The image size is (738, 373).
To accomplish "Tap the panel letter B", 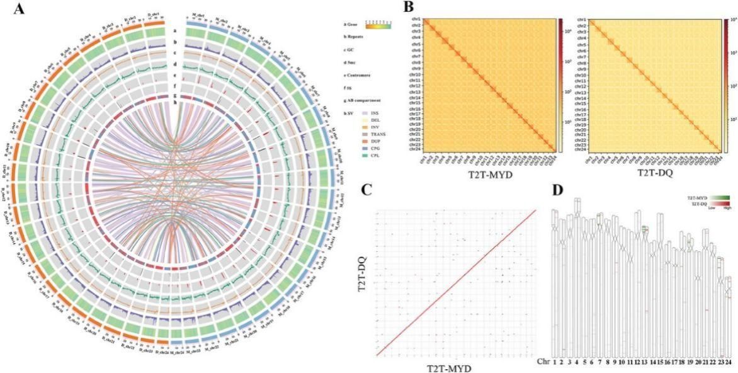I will [408, 8].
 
